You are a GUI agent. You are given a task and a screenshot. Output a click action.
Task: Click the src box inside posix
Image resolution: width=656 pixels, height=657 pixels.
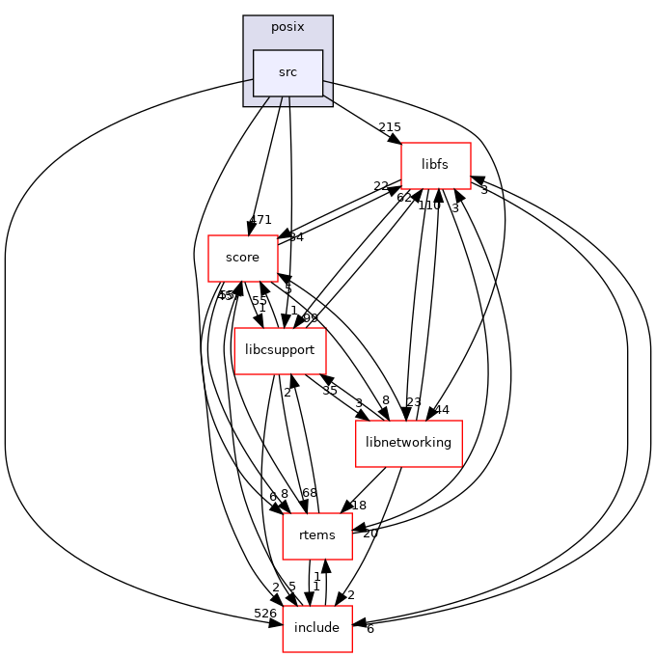287,72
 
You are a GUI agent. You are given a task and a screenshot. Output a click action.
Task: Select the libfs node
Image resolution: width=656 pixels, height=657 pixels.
435,165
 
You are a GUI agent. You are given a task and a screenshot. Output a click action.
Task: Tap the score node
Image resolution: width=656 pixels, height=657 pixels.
242,258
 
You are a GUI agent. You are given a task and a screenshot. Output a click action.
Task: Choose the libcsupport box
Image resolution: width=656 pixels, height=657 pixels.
281,350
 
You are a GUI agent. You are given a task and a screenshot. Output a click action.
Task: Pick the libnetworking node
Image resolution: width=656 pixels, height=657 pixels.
409,443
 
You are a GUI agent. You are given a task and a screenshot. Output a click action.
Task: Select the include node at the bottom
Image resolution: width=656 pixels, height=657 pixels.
316,628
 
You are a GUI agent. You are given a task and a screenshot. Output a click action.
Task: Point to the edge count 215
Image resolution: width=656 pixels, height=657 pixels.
390,127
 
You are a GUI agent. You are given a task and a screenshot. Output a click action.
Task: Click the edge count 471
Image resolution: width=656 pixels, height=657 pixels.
260,220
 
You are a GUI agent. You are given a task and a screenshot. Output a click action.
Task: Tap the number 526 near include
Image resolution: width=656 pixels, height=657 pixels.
264,613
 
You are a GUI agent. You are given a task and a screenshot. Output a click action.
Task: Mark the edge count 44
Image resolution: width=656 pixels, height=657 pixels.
442,410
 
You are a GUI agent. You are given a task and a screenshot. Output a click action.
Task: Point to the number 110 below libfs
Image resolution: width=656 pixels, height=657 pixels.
429,205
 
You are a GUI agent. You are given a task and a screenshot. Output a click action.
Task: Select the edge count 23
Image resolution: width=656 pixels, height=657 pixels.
414,403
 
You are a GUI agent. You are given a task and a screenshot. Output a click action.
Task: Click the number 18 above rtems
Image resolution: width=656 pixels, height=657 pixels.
359,506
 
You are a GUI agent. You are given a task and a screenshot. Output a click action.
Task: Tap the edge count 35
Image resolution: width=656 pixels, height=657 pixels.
330,391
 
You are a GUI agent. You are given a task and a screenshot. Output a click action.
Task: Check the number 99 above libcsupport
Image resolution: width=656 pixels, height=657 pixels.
311,318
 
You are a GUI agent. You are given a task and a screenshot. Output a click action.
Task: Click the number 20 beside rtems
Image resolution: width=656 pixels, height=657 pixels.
370,534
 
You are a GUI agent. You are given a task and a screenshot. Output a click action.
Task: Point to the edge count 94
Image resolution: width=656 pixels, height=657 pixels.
296,237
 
